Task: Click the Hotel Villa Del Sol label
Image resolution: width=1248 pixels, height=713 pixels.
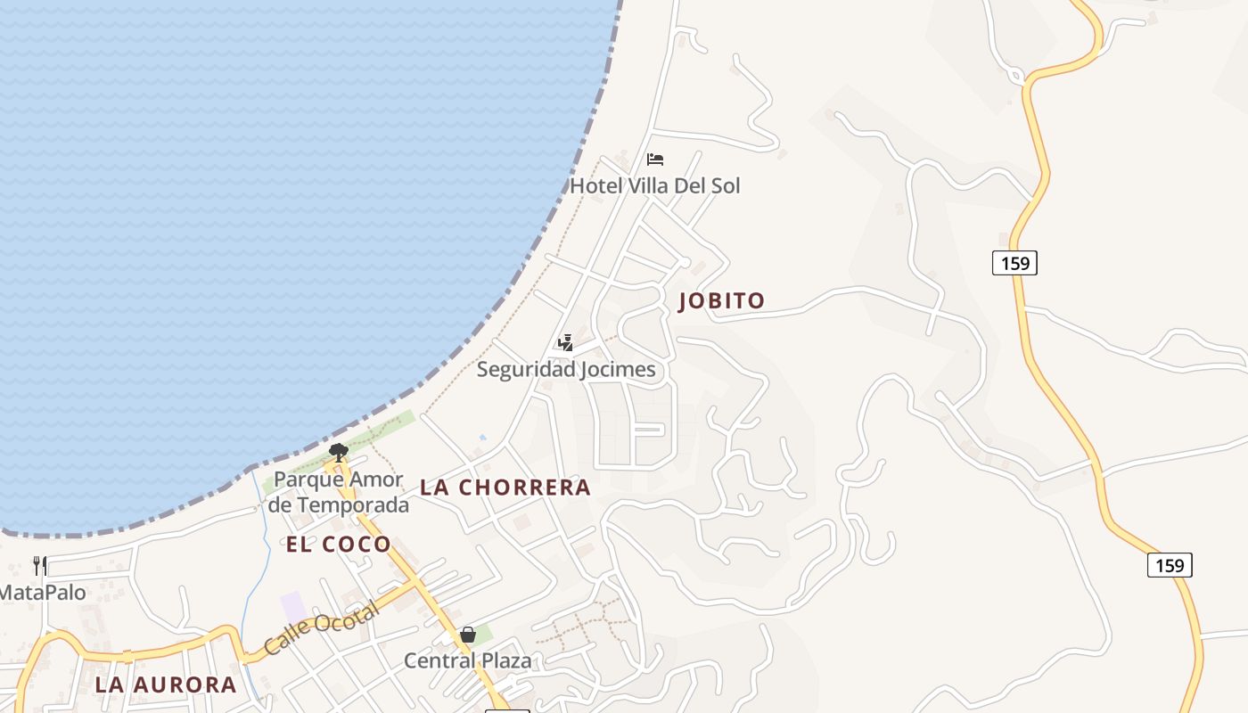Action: pos(654,185)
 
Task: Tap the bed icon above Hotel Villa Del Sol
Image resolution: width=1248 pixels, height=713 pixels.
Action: pos(655,160)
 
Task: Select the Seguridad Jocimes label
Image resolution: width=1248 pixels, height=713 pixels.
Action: pos(566,369)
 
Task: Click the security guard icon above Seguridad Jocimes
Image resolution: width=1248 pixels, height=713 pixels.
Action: pos(565,342)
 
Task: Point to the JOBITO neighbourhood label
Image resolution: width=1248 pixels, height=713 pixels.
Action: pos(722,301)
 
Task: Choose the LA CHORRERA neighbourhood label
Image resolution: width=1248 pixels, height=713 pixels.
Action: pos(505,488)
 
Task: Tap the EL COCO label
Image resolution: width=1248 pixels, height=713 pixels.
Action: pos(339,545)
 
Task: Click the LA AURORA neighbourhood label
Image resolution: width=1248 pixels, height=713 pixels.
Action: pos(166,684)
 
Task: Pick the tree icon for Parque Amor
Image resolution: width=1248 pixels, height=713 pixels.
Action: pos(338,452)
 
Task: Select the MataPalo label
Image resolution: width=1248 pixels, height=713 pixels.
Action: pos(43,593)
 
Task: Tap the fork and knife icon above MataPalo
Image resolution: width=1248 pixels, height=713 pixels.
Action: pos(40,565)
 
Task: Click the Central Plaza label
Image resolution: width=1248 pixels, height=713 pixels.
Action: pos(468,660)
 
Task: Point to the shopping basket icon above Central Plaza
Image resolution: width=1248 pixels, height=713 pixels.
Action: pos(468,635)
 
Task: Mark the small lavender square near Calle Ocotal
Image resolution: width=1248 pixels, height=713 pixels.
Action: pos(293,607)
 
